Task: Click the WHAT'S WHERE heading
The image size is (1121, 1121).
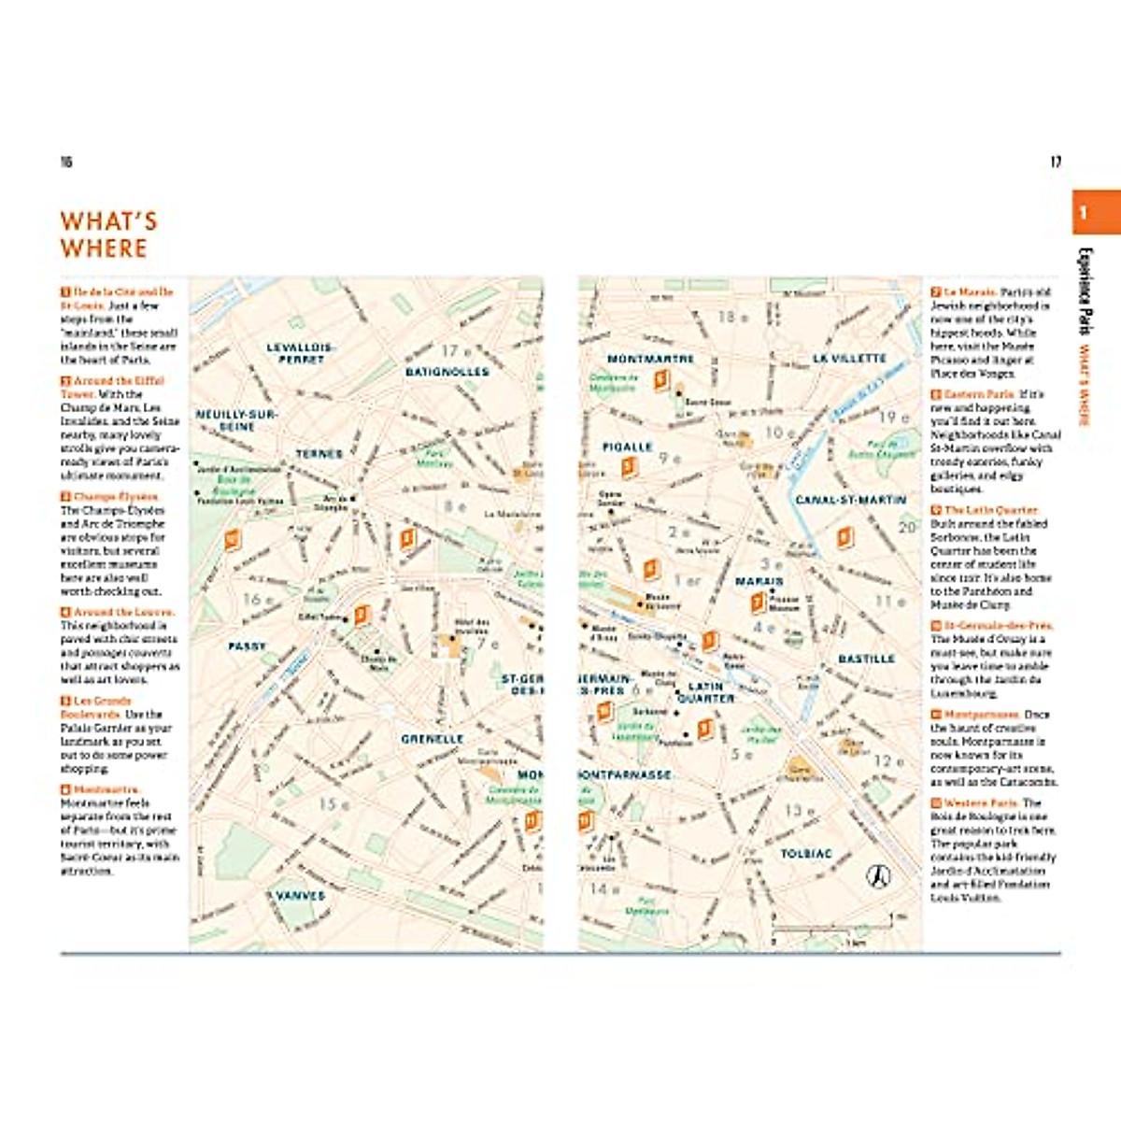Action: coord(108,234)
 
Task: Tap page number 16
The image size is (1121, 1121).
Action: coord(66,162)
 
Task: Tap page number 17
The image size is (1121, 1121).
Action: coord(1056,162)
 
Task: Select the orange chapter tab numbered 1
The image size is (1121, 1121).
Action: coord(1095,212)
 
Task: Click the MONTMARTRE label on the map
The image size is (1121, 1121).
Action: coord(650,359)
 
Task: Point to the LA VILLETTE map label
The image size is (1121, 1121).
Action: coord(849,358)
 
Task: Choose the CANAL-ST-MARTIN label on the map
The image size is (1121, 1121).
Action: coord(850,500)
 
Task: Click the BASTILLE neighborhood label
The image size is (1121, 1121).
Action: coord(866,659)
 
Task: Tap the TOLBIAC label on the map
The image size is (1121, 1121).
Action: coord(805,854)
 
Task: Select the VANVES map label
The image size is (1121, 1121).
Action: coord(300,895)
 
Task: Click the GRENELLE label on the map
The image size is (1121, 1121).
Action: coord(433,738)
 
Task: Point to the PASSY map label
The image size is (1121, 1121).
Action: coord(247,646)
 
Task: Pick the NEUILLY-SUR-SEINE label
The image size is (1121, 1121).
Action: coord(236,419)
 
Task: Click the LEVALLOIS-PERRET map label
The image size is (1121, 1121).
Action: coord(301,352)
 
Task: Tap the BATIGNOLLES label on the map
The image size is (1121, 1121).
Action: coord(447,372)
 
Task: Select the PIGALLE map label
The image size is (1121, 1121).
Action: coord(627,447)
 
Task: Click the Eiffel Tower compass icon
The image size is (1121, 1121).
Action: coord(877,876)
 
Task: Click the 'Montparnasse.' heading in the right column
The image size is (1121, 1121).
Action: coord(984,715)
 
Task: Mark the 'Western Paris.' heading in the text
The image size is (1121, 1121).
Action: coord(980,803)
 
